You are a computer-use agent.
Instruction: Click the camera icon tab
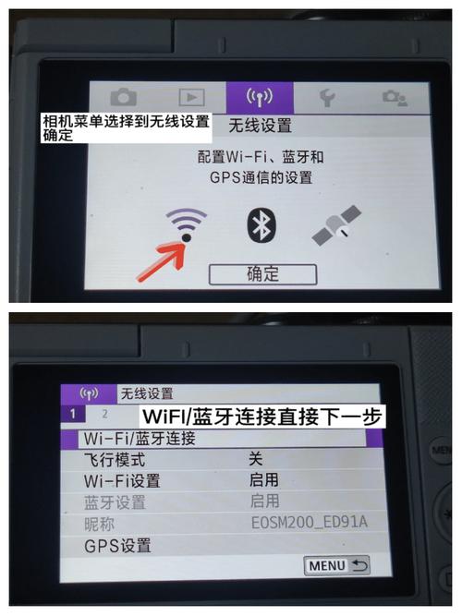click(123, 96)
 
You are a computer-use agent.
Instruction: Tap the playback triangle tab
click(191, 96)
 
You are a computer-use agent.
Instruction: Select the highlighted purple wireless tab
click(260, 96)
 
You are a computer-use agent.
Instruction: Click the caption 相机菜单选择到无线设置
click(126, 121)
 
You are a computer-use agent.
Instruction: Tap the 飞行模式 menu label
click(115, 459)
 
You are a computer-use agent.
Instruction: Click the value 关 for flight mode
click(255, 459)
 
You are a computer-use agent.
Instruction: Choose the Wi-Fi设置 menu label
click(121, 480)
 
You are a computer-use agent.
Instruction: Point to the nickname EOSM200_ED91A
click(309, 523)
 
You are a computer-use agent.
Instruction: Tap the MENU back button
click(336, 563)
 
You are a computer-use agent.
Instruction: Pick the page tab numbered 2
click(104, 415)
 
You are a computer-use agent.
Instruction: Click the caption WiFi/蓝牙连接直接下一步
click(261, 416)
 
